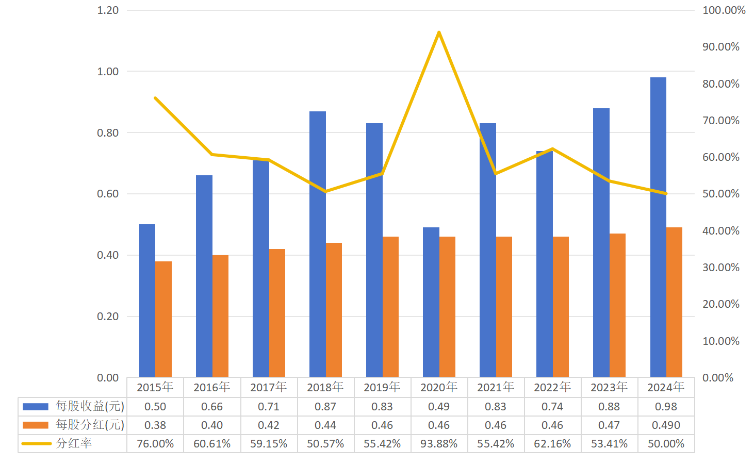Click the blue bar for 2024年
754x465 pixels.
658,227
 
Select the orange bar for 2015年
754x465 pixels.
163,319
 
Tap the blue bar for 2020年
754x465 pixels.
431,302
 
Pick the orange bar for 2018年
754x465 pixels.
334,310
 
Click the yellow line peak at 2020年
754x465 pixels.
439,32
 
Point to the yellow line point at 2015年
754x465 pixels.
155,98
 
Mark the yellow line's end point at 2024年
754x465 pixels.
666,193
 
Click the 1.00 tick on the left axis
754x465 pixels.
108,72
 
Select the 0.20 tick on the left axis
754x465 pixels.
108,317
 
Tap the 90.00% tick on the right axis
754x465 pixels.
720,47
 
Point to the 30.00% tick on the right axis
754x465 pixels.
720,268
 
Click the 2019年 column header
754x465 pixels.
382,387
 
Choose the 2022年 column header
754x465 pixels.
552,387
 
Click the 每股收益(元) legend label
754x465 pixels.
90,406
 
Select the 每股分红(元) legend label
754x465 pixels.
90,425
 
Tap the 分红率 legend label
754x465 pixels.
74,443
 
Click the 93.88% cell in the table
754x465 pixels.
439,444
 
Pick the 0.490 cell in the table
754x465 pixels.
666,425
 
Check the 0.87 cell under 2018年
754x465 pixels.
325,407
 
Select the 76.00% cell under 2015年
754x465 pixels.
155,444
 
